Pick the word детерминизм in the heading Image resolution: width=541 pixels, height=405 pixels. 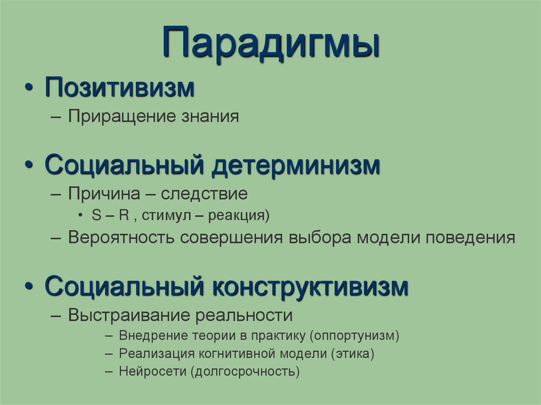click(x=296, y=165)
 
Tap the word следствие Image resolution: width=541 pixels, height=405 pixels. click(x=204, y=194)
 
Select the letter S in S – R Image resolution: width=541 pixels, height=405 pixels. click(x=95, y=215)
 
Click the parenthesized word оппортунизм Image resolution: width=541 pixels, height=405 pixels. click(x=355, y=335)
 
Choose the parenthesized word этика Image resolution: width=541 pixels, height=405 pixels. click(x=353, y=353)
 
